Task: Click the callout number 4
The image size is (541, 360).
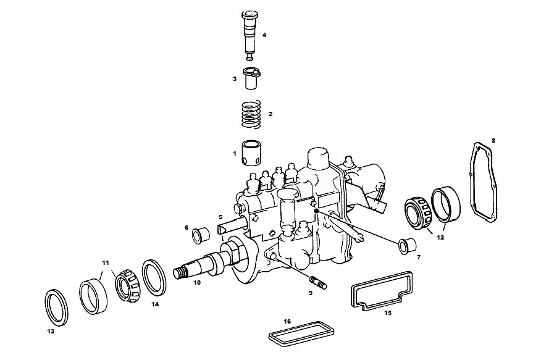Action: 264,35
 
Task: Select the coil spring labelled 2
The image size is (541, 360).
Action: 251,115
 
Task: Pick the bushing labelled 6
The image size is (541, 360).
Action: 201,235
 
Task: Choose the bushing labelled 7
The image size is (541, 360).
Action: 407,246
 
